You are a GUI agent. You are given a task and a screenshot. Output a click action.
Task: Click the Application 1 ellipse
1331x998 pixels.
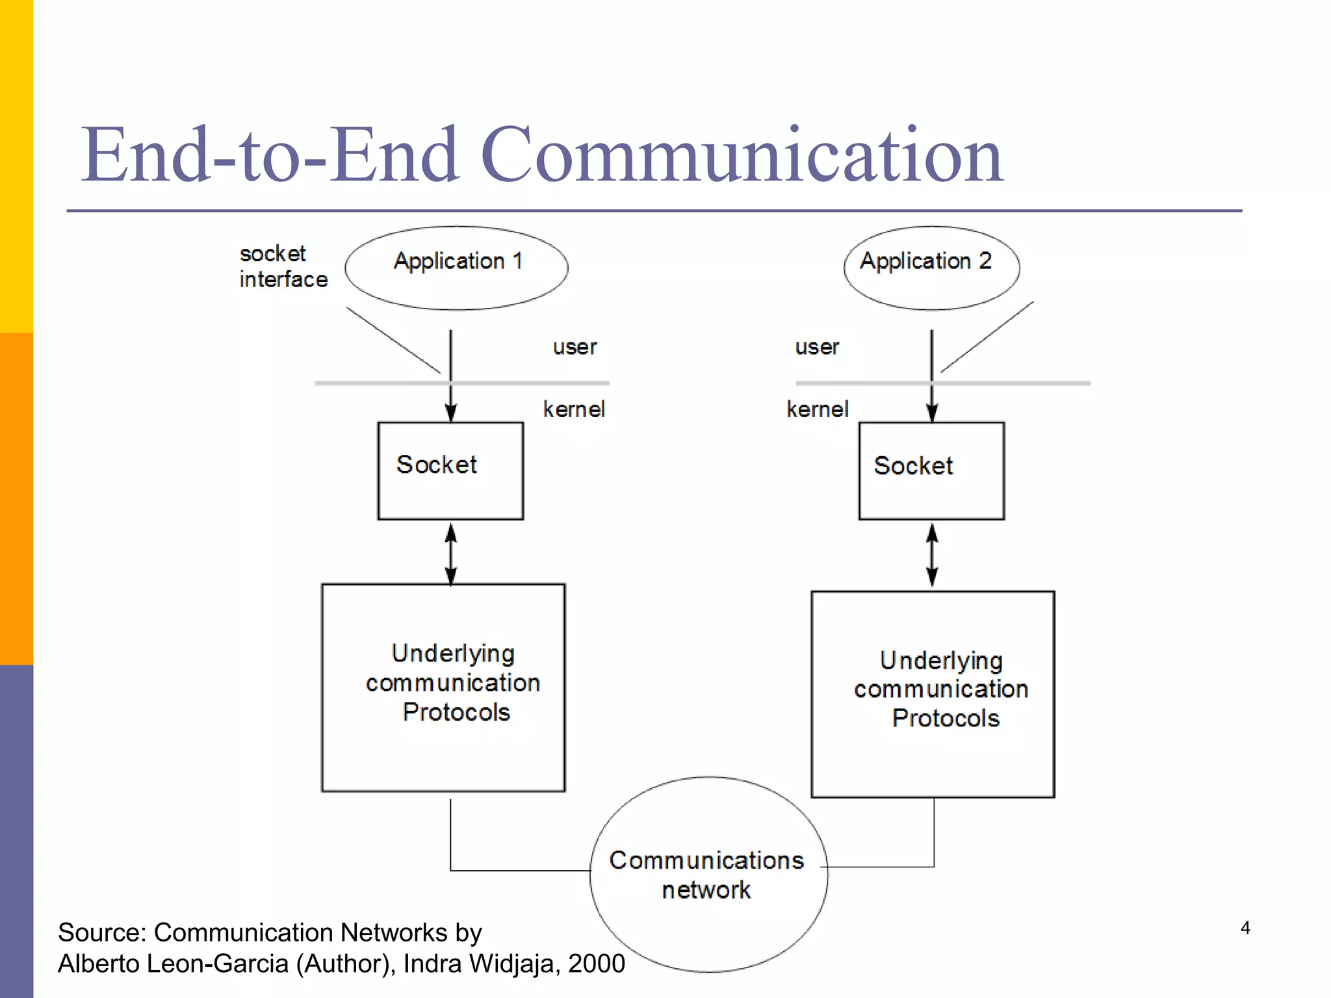coord(456,268)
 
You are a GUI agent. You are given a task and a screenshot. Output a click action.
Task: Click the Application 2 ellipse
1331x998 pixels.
coord(931,268)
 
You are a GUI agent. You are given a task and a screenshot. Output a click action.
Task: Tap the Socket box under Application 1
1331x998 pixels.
coord(450,470)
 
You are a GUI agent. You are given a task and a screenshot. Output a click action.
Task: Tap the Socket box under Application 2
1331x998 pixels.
coord(931,470)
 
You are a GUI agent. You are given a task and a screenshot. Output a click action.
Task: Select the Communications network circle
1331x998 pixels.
coord(708,875)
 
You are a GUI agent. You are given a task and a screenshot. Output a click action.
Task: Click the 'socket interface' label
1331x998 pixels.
coord(283,266)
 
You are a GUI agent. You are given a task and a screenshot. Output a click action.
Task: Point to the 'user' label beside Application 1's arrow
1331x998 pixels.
coord(575,347)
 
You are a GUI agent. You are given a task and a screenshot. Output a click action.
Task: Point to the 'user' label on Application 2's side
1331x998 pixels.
coord(817,347)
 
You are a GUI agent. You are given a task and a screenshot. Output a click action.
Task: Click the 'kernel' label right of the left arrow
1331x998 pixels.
coord(574,409)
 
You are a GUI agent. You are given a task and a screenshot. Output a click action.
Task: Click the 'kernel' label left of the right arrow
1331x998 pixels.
coord(818,409)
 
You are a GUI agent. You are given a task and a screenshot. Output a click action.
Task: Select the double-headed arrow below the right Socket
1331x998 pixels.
coord(932,556)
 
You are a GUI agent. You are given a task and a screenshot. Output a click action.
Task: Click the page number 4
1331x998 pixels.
coord(1245,928)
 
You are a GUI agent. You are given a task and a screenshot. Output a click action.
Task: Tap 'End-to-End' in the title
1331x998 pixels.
coord(270,156)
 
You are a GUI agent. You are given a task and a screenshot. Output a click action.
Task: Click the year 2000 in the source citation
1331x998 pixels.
coord(596,964)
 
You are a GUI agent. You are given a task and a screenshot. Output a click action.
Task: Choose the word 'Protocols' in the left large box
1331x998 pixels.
coord(456,713)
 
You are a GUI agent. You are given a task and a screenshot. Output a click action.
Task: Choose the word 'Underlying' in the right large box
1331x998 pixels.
coord(941,661)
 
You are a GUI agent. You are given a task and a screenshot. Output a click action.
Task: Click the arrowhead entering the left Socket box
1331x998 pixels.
coord(450,413)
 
